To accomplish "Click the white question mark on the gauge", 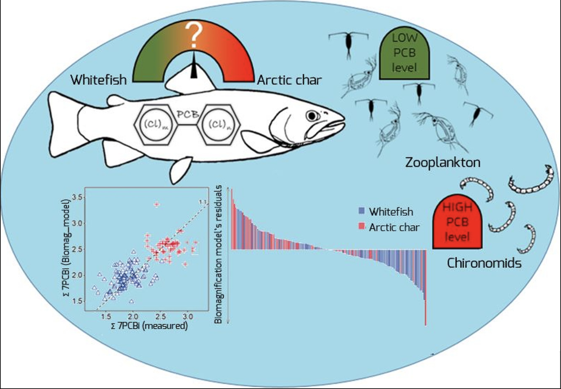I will click(x=193, y=35).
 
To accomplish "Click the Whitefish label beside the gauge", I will click(x=99, y=80).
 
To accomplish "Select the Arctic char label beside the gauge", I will click(x=289, y=80).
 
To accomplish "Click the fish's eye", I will click(x=311, y=116).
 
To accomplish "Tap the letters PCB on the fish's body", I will click(x=188, y=114).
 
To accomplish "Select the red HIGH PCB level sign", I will click(x=457, y=222).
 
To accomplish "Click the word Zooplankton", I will click(x=443, y=162).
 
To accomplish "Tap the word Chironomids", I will click(x=484, y=263).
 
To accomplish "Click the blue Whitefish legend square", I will click(x=362, y=211).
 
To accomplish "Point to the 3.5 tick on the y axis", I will click(x=77, y=197).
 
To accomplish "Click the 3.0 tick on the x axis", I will click(x=188, y=316).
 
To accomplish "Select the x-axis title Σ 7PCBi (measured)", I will click(x=149, y=326).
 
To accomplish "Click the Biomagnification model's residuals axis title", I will click(x=218, y=254).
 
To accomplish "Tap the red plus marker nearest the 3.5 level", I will click(x=156, y=205).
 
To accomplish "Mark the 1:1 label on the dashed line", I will click(x=203, y=202).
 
